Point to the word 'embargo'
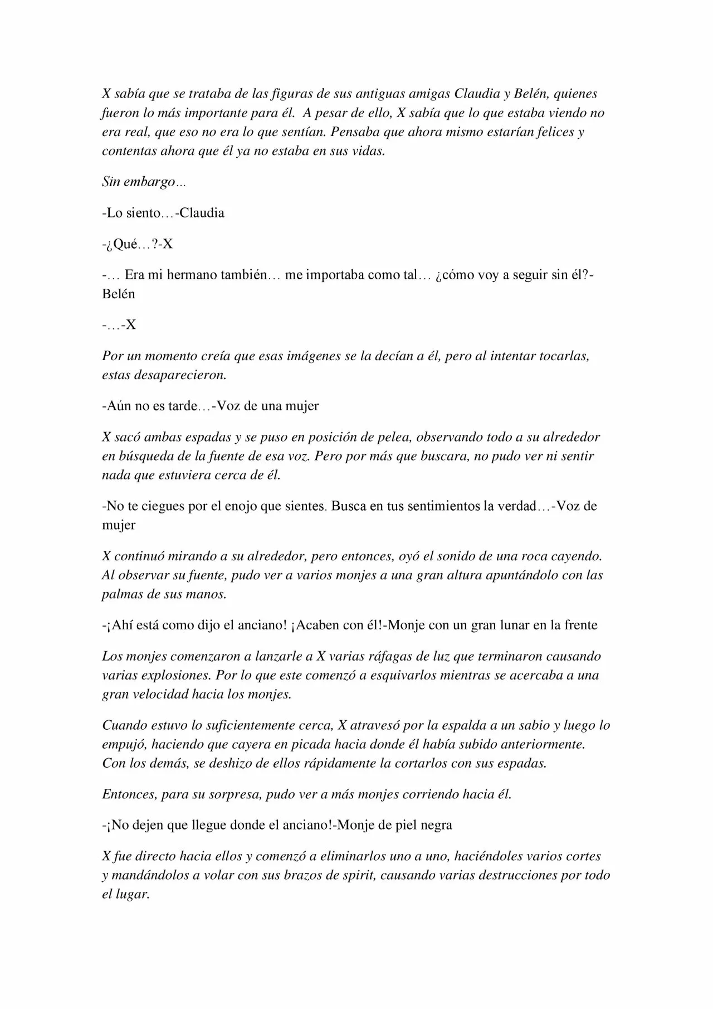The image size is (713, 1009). point(149,182)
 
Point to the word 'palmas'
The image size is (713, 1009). point(123,594)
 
